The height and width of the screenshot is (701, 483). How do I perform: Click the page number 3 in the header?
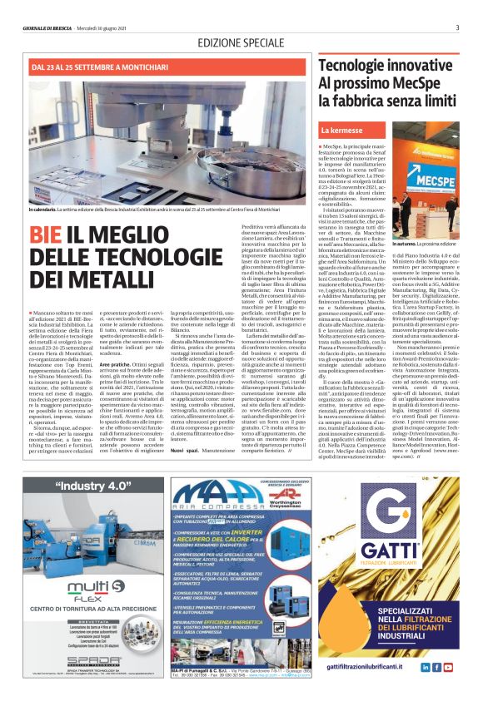(457, 27)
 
